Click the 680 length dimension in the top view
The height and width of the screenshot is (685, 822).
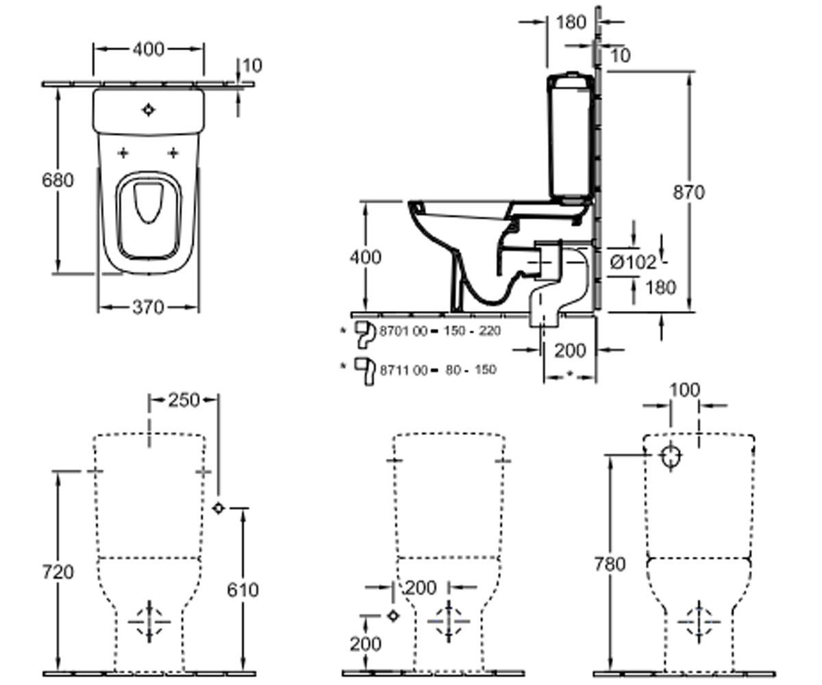point(58,180)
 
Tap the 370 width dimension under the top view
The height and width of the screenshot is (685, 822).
point(148,307)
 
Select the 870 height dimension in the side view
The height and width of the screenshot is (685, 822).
point(688,192)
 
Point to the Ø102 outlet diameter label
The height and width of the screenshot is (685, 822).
point(633,262)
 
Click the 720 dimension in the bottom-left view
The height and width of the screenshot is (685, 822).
point(58,572)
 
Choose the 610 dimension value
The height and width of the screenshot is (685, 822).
point(242,590)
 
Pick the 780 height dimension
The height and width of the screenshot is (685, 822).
point(610,564)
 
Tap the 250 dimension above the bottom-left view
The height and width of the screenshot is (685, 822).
point(184,400)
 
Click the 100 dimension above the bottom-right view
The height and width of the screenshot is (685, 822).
point(684,390)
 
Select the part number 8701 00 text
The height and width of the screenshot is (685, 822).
point(403,331)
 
